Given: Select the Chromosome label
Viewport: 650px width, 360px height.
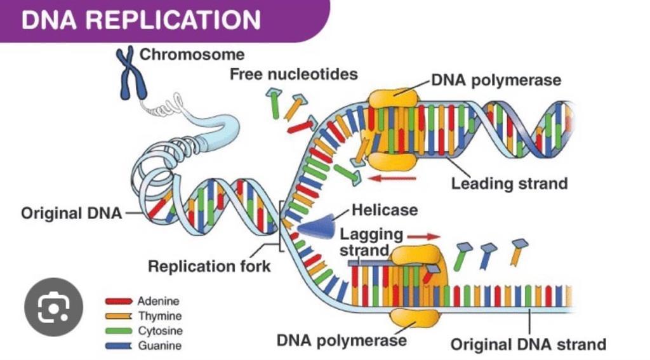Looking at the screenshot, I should tap(192, 55).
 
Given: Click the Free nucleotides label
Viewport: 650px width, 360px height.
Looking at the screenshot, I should tap(293, 74).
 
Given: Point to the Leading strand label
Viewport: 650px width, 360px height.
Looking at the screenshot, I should tap(509, 184).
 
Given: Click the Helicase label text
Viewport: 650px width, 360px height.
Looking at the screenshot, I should tap(385, 210).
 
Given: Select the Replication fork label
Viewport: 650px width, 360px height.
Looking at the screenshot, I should tap(209, 265).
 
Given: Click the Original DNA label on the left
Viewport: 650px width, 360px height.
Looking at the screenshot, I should tap(71, 213).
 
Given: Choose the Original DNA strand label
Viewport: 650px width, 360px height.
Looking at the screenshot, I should tap(528, 345).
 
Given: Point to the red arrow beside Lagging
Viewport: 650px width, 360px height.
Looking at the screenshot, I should tap(424, 236).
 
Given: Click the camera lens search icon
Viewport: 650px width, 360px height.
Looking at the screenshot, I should tap(53, 307).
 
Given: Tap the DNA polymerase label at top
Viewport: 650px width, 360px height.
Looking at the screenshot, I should tap(496, 81).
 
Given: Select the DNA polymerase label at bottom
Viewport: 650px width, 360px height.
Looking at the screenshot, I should tap(342, 341).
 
